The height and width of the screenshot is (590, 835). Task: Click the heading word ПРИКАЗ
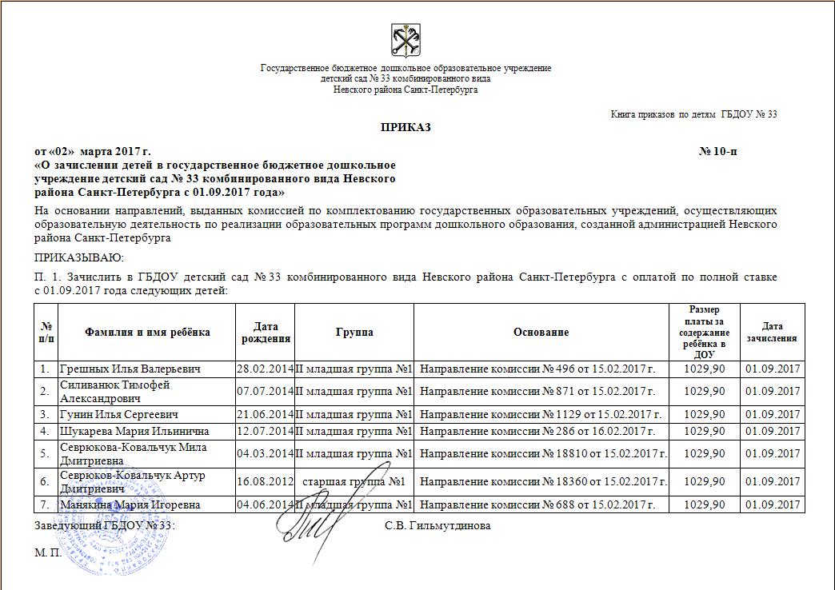[405, 128]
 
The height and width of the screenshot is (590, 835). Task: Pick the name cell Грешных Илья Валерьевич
[130, 369]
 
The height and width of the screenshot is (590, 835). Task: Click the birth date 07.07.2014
[266, 391]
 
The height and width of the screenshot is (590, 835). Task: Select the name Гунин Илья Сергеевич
[119, 414]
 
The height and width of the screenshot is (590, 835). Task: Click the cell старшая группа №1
[354, 481]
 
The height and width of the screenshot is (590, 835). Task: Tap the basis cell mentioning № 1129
[541, 414]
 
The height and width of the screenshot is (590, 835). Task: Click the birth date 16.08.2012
[266, 481]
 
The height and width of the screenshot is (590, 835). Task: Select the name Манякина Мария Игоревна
[129, 504]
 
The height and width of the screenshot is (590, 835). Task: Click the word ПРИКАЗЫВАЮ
[78, 257]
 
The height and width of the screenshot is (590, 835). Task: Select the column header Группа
[354, 333]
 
